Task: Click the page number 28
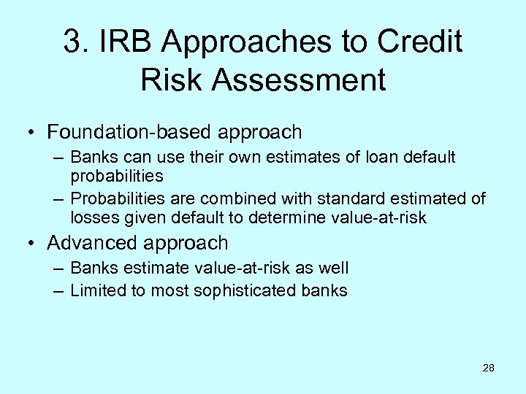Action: pyautogui.click(x=489, y=368)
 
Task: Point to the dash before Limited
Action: pyautogui.click(x=58, y=290)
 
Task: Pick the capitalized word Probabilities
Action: pyautogui.click(x=121, y=198)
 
